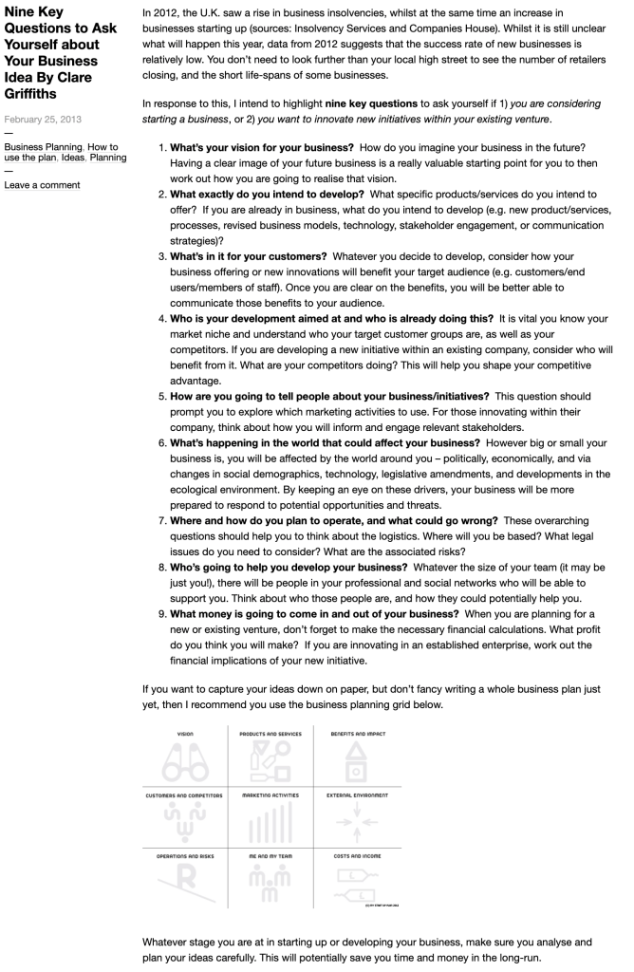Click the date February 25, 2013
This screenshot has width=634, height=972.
(44, 120)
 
